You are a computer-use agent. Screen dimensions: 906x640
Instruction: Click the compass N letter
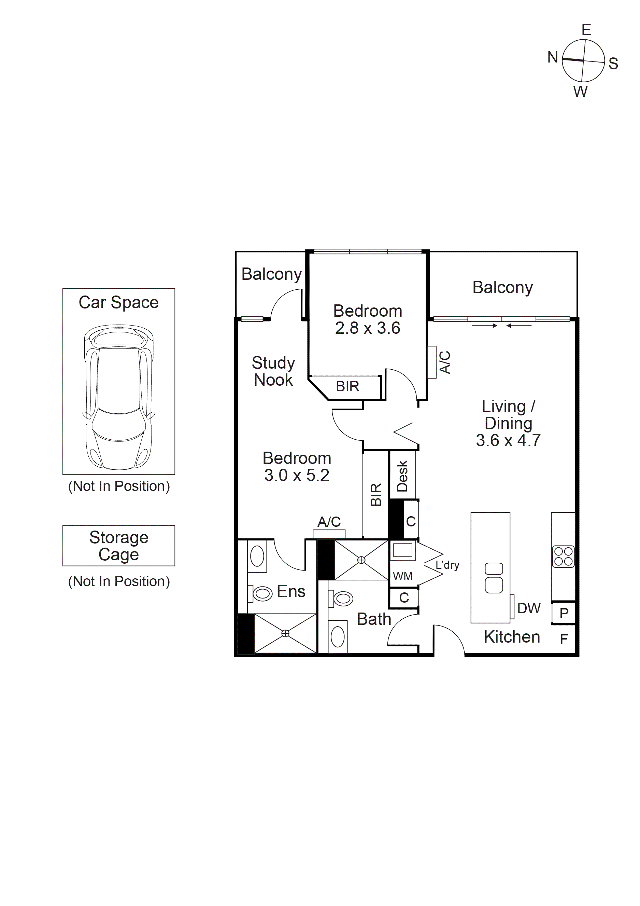click(553, 58)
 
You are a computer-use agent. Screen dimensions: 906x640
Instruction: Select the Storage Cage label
click(119, 546)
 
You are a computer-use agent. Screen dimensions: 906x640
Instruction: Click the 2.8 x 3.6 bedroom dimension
click(368, 328)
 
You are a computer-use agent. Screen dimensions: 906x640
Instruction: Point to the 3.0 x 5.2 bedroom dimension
click(297, 475)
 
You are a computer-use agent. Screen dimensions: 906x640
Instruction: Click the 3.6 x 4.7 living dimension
click(508, 440)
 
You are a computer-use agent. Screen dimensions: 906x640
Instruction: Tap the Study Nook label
click(273, 371)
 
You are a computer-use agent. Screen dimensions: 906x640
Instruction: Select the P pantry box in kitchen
click(564, 613)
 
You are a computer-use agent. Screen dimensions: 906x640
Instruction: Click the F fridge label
click(564, 639)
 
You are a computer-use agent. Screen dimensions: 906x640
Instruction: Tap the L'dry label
click(447, 565)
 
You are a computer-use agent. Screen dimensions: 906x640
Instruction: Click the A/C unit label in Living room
click(445, 362)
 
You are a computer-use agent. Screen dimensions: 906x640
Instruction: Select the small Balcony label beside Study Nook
click(271, 274)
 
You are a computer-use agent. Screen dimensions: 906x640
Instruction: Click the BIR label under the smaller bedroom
click(347, 386)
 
